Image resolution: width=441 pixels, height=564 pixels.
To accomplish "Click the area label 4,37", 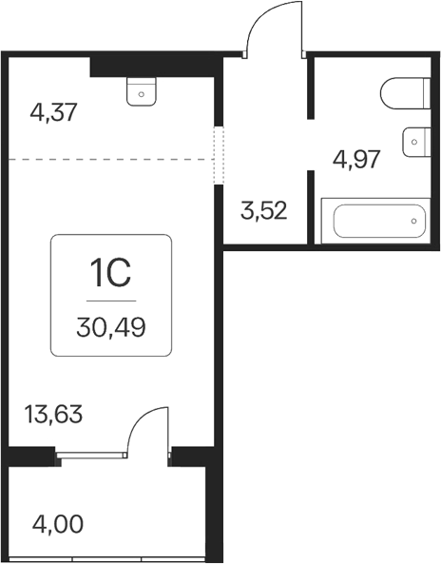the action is (x=54, y=112).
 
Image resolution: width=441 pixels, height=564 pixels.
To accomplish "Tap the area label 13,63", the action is (x=53, y=414).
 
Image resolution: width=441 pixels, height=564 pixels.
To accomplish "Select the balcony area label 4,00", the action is (x=58, y=525).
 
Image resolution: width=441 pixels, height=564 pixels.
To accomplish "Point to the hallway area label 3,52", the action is (x=264, y=211).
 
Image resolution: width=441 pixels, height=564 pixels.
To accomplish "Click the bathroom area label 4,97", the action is (x=356, y=160).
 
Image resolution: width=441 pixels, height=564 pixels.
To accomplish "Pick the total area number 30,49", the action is (x=111, y=328).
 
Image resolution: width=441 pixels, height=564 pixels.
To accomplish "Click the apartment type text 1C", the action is (x=110, y=274).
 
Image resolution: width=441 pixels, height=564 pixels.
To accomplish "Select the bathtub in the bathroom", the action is (x=376, y=221).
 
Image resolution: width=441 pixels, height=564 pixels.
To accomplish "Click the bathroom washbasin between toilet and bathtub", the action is (x=416, y=142).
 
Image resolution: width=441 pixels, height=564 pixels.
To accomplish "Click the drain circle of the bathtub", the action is (x=414, y=221).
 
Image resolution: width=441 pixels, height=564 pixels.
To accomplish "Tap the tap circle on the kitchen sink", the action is (x=142, y=94).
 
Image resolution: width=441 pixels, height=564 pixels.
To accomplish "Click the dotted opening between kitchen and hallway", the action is (x=219, y=155).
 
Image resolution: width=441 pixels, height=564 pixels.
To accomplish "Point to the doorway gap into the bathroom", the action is (x=311, y=145).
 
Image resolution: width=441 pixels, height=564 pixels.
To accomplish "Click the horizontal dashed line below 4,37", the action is (x=111, y=159).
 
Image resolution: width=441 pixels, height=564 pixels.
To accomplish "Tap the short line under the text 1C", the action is (x=111, y=301).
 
